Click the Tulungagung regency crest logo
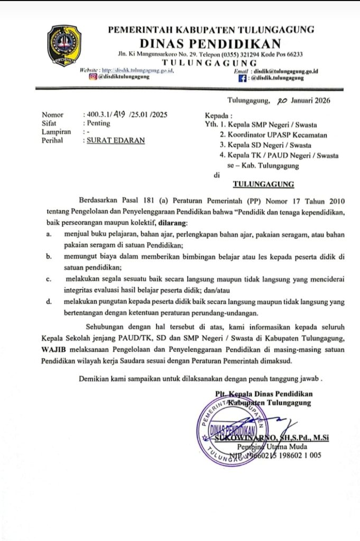(x=64, y=45)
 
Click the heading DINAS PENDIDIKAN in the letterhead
(x=210, y=43)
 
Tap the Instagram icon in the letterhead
(x=93, y=76)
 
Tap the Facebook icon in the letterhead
(x=243, y=78)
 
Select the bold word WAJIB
(x=53, y=351)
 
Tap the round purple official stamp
(x=231, y=432)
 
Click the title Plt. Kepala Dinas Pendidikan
(x=264, y=394)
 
